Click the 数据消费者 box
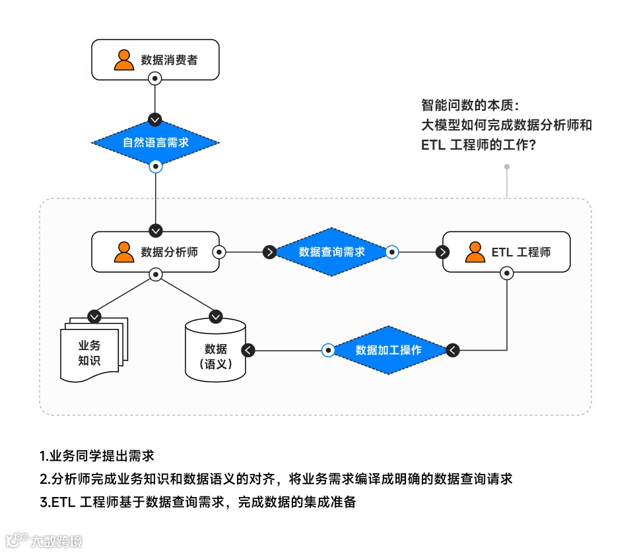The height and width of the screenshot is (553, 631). [155, 59]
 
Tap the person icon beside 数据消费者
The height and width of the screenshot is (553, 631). [123, 59]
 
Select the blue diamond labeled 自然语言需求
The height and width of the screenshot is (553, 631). [155, 142]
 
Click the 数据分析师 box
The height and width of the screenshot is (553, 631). [155, 252]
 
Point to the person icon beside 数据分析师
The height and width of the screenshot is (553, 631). [123, 252]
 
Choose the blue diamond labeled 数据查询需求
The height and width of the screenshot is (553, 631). [331, 252]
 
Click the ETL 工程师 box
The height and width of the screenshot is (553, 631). [506, 252]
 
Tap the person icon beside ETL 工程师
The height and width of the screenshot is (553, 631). [475, 252]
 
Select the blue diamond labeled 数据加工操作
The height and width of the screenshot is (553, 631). [388, 350]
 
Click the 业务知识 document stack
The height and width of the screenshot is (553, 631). [92, 349]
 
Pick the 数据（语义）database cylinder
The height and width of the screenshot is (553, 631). [215, 351]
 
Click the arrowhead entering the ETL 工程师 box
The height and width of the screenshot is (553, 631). [443, 252]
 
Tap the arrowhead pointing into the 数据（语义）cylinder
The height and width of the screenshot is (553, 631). [248, 350]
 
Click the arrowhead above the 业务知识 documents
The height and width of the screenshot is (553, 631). [94, 316]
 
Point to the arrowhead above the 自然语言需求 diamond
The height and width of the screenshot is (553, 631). [155, 119]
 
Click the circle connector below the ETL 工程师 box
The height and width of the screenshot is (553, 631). [506, 272]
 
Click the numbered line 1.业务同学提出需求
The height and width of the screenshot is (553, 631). [97, 456]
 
